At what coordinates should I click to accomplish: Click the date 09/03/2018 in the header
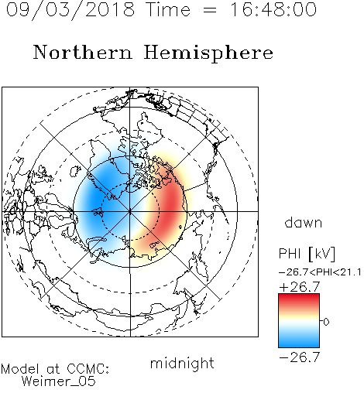[70, 10]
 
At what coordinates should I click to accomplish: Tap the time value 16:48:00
[273, 9]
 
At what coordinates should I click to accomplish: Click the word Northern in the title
[83, 52]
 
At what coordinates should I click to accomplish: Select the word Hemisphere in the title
[208, 53]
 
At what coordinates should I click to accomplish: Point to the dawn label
[304, 222]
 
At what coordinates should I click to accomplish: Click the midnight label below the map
[182, 364]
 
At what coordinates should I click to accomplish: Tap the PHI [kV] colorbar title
[307, 254]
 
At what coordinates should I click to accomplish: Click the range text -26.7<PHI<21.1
[320, 272]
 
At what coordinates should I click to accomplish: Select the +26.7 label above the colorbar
[300, 287]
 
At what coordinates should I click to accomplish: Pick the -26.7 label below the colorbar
[300, 357]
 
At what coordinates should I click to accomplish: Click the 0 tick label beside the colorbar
[326, 322]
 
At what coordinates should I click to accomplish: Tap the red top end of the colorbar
[299, 296]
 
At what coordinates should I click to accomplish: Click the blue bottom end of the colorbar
[299, 345]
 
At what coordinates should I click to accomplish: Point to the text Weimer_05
[59, 381]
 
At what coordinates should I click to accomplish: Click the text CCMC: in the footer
[88, 369]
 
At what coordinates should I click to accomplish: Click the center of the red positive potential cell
[169, 207]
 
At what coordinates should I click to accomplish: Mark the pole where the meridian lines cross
[130, 211]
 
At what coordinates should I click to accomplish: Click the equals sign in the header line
[210, 10]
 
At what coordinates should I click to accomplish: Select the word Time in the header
[168, 9]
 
